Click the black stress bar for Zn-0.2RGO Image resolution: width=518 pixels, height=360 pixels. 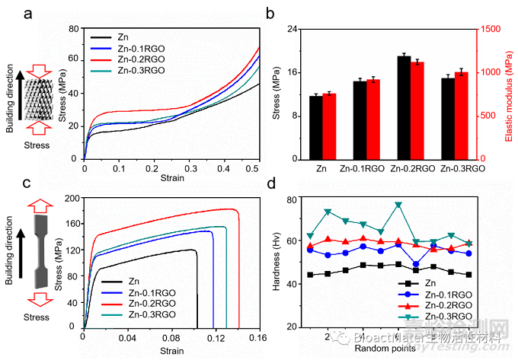(404, 107)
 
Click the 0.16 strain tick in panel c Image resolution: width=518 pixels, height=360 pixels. (259, 338)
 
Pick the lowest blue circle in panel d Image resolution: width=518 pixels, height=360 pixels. (416, 264)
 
